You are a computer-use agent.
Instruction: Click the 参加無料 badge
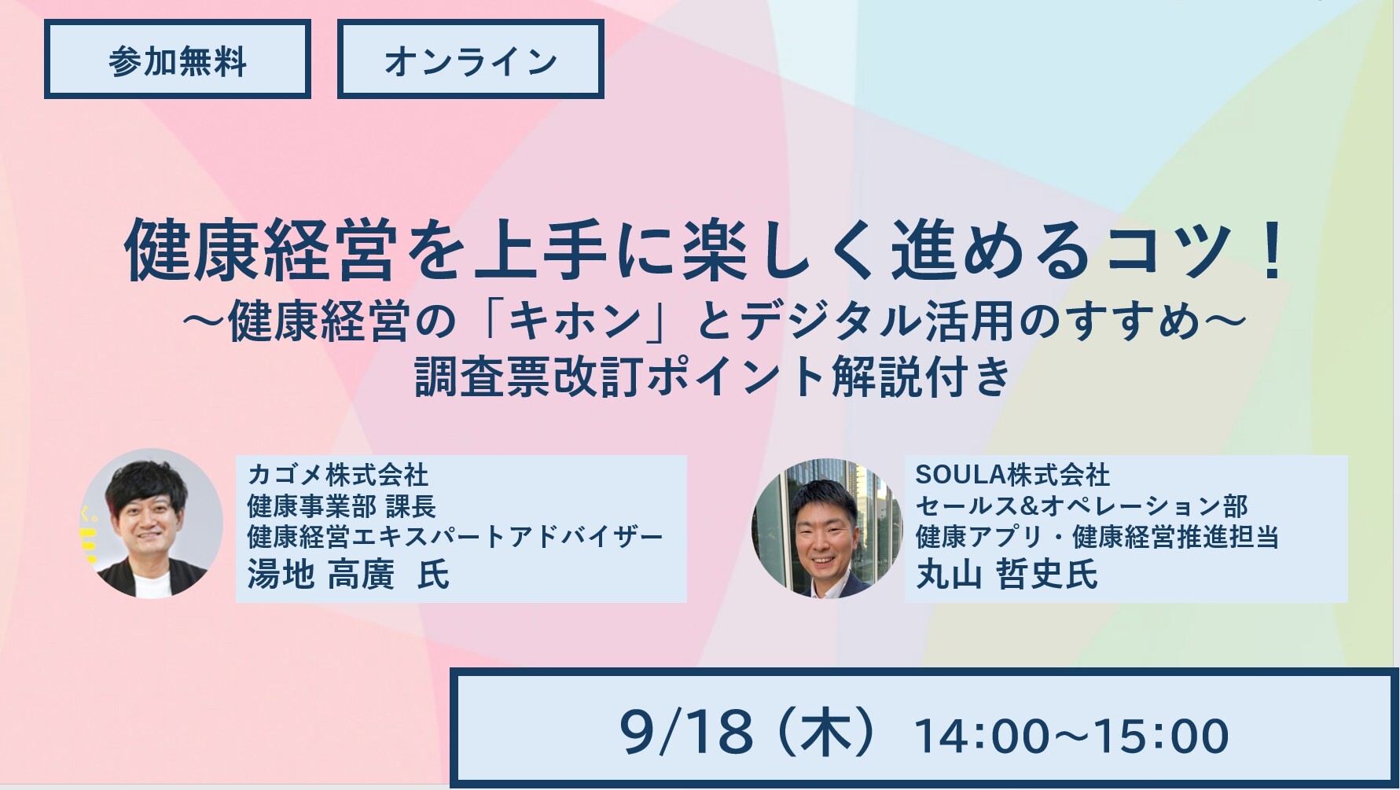click(x=178, y=60)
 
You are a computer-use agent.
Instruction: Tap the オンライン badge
click(x=470, y=60)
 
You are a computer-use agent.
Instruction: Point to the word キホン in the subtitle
click(x=575, y=322)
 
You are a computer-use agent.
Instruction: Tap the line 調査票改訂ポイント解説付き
click(x=712, y=377)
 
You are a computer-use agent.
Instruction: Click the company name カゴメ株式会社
click(x=338, y=475)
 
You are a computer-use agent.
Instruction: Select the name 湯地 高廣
click(x=321, y=574)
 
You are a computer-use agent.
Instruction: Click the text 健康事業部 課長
click(x=341, y=506)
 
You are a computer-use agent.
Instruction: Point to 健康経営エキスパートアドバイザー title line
click(x=455, y=537)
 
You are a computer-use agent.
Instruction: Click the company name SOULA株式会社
click(x=1012, y=475)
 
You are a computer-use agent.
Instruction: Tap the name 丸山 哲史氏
click(x=1007, y=574)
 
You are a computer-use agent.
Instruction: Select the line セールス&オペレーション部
click(x=1082, y=506)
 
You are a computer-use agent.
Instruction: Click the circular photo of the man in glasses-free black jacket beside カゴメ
click(x=152, y=524)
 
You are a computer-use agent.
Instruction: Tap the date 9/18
click(x=686, y=733)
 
